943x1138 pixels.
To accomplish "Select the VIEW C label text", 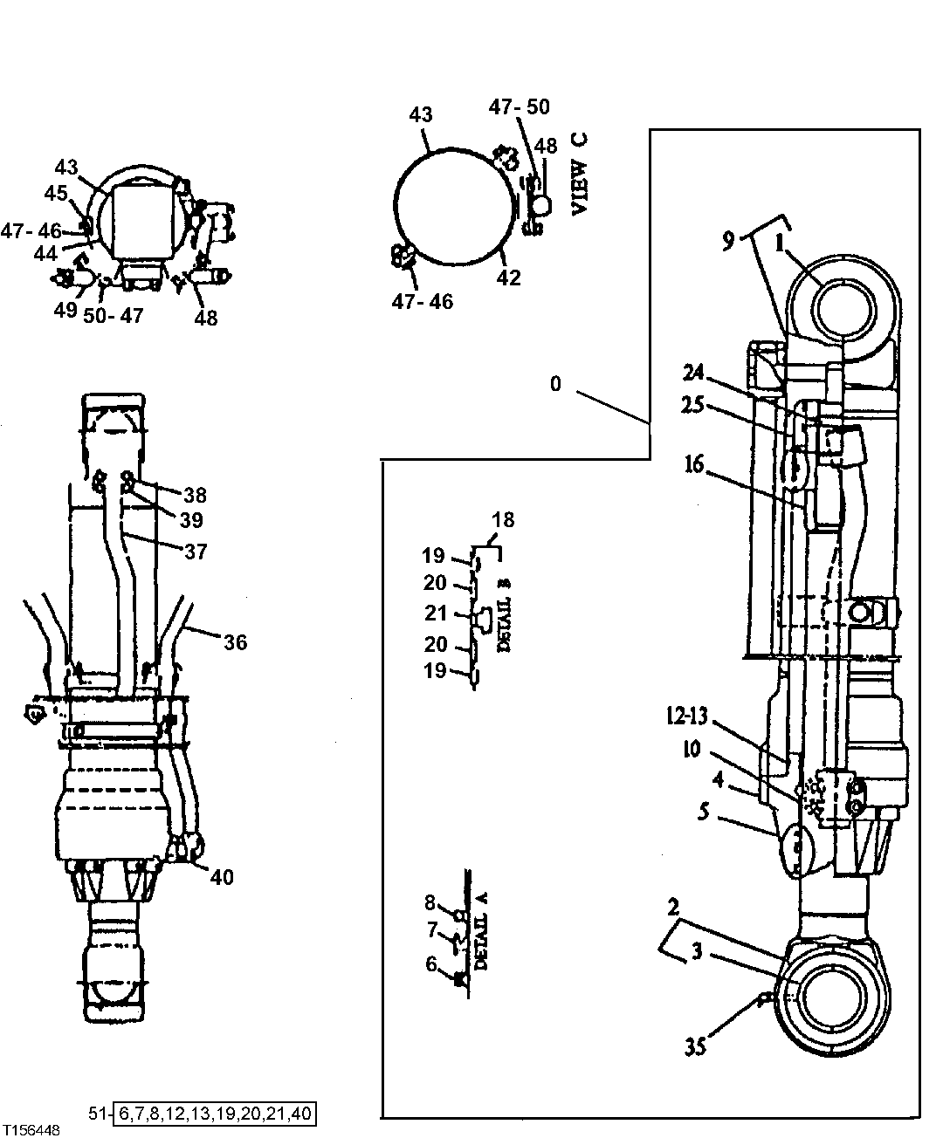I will [579, 175].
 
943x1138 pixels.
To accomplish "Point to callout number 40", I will [222, 877].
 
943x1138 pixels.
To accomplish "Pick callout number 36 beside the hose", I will [235, 643].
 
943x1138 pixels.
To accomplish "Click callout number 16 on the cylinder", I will [693, 465].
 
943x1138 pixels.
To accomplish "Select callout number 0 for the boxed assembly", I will [555, 383].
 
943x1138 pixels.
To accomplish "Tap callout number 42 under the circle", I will [508, 278].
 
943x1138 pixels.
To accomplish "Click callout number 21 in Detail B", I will [436, 614].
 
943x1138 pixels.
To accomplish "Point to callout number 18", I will [503, 521].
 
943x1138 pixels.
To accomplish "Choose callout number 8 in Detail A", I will [430, 902].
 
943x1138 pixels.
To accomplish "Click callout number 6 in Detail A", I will [430, 963].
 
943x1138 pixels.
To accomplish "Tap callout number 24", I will [693, 374].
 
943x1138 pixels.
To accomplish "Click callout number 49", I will [65, 312].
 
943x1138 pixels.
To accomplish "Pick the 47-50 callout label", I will [519, 107].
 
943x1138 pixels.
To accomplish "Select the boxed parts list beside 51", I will [215, 1114].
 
